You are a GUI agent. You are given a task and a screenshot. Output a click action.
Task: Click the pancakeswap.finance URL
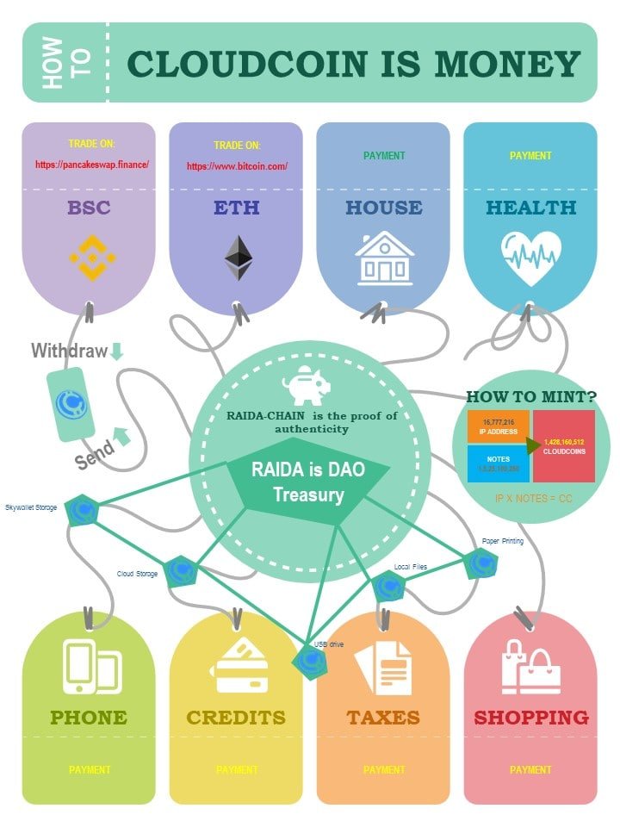pyautogui.click(x=92, y=164)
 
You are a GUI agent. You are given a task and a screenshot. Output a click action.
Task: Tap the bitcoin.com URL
pyautogui.click(x=237, y=165)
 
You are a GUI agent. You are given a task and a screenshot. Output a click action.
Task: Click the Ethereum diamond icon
pyautogui.click(x=239, y=257)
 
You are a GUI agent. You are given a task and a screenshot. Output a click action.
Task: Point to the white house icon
pyautogui.click(x=385, y=257)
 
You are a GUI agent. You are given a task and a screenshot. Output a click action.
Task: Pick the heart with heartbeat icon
pyautogui.click(x=531, y=256)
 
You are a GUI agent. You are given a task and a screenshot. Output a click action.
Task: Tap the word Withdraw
pyautogui.click(x=69, y=351)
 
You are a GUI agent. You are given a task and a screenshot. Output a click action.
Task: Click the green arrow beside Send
pyautogui.click(x=121, y=437)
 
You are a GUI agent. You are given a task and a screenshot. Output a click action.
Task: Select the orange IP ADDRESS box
pyautogui.click(x=496, y=426)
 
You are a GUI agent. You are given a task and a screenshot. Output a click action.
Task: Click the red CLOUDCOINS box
pyautogui.click(x=563, y=445)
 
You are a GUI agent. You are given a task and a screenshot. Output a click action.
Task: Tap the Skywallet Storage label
pyautogui.click(x=31, y=507)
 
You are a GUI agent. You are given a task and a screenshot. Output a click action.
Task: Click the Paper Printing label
pyautogui.click(x=502, y=541)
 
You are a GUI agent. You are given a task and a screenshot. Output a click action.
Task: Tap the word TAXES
pyautogui.click(x=383, y=717)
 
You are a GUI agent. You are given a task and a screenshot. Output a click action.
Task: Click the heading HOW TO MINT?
pyautogui.click(x=530, y=397)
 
